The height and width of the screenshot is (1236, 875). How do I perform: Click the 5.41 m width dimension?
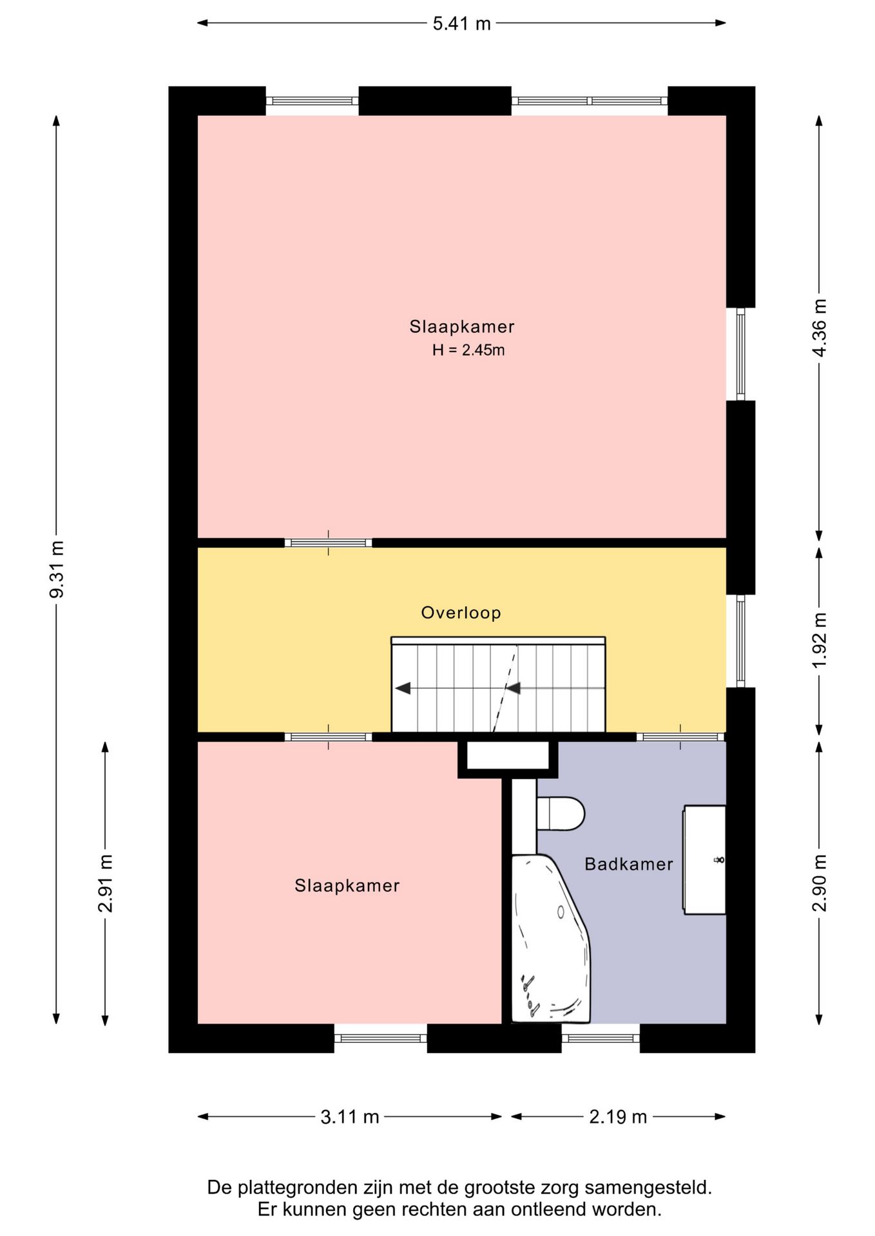click(x=461, y=24)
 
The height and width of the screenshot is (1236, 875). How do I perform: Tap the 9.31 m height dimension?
click(x=57, y=569)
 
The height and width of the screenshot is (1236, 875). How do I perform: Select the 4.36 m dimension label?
click(x=819, y=328)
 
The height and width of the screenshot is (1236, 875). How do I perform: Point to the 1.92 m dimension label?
click(x=819, y=641)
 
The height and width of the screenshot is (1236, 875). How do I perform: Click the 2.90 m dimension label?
click(x=819, y=883)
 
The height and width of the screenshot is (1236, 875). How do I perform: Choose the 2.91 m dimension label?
click(x=105, y=883)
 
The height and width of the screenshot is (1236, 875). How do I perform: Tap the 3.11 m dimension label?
click(x=350, y=1117)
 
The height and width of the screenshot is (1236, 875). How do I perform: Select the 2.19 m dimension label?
click(x=618, y=1117)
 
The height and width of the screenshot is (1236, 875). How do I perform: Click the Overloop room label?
click(x=461, y=612)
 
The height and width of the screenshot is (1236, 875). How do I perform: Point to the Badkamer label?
click(x=629, y=864)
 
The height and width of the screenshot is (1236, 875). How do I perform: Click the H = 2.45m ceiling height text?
click(x=468, y=350)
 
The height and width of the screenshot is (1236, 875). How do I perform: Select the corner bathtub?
click(x=550, y=939)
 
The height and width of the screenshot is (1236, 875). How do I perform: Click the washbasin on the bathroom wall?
click(x=704, y=859)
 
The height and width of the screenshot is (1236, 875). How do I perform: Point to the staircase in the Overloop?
click(x=498, y=684)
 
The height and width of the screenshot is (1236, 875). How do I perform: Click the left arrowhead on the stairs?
click(x=403, y=689)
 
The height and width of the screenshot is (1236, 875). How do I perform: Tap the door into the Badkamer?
click(x=680, y=737)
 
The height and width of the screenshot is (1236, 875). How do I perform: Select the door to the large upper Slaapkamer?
click(x=328, y=543)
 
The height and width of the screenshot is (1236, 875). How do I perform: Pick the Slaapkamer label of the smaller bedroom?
click(x=347, y=886)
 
